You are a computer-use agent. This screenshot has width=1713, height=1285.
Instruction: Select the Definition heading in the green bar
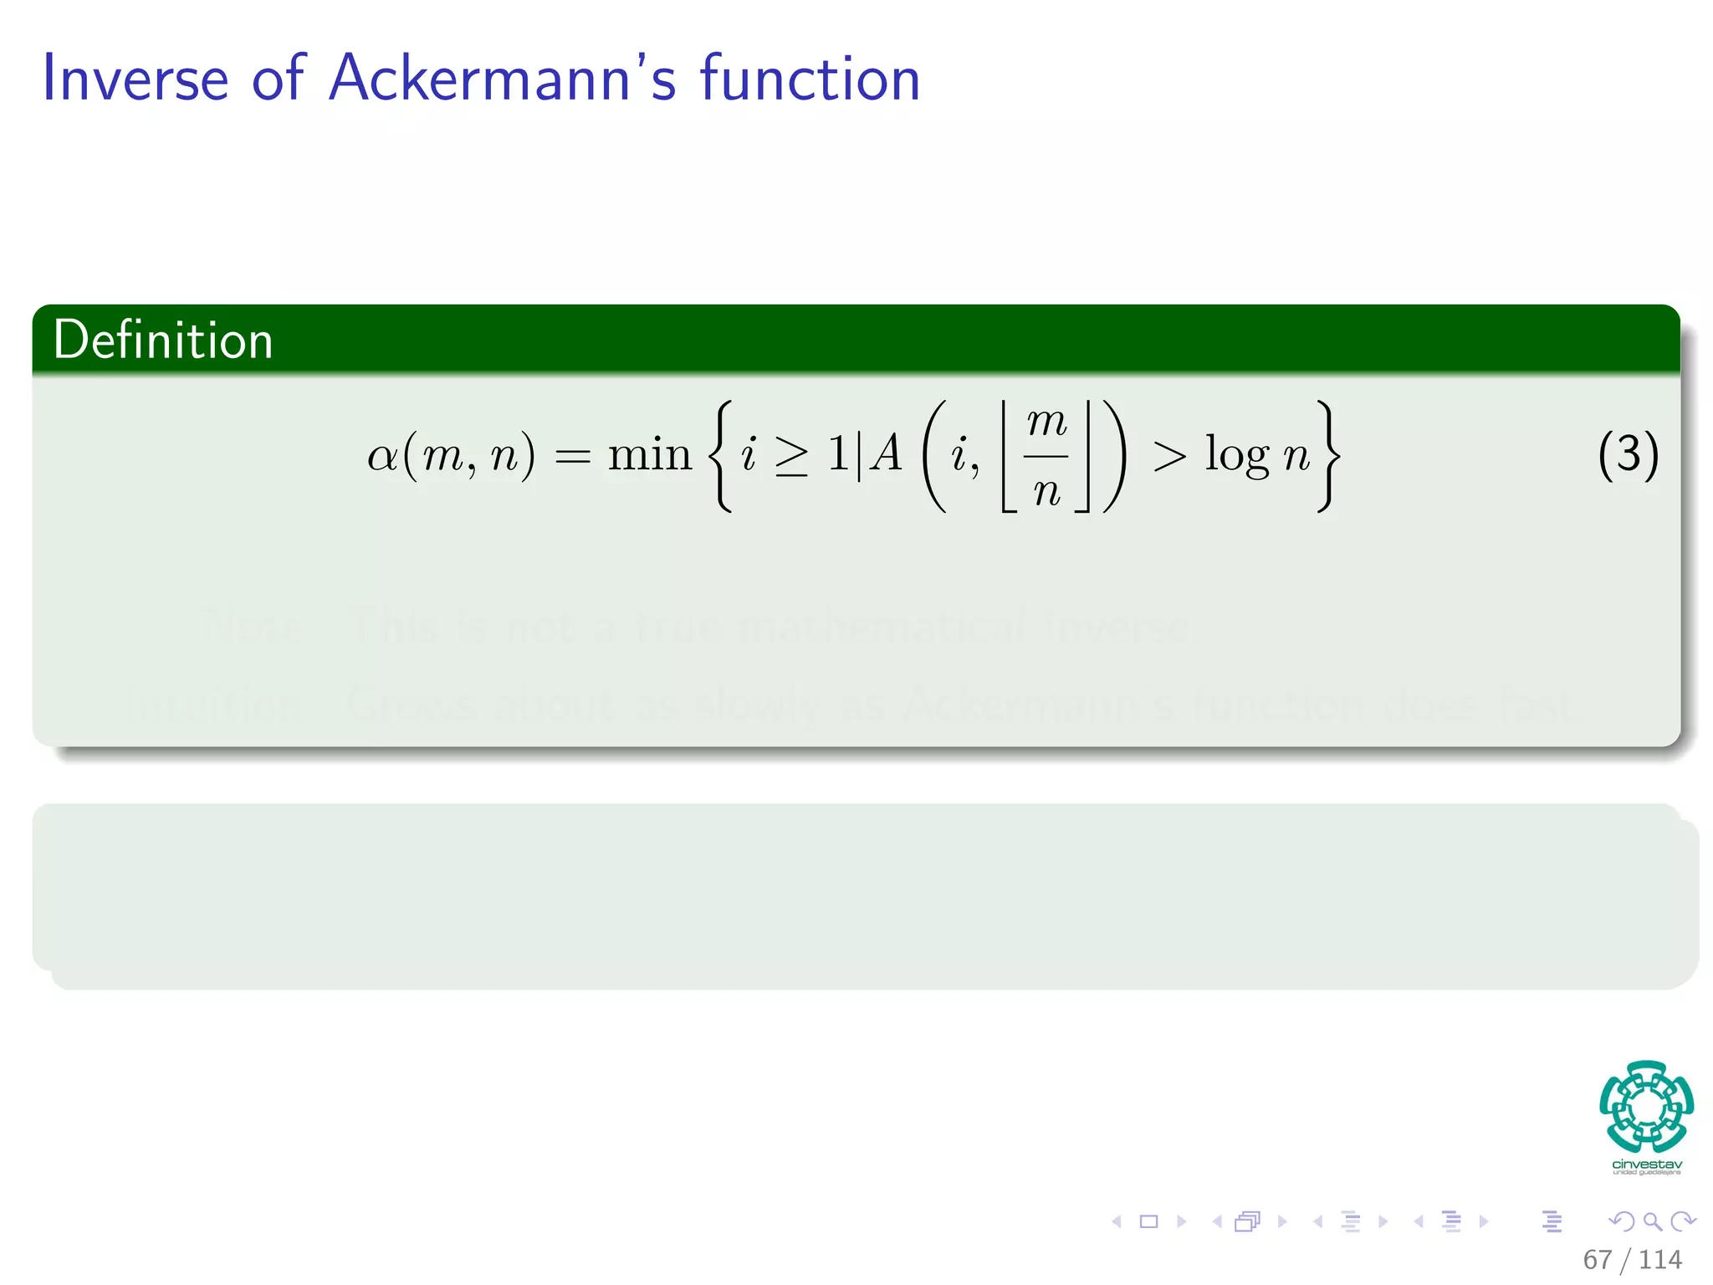click(163, 340)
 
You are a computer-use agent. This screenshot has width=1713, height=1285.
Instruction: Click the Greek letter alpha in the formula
click(382, 457)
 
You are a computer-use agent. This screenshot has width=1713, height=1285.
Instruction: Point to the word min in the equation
click(649, 455)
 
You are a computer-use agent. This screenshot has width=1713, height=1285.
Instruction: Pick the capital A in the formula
click(887, 455)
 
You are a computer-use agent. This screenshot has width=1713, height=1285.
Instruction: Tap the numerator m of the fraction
click(1046, 422)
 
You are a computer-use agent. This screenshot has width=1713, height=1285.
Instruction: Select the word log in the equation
click(1237, 457)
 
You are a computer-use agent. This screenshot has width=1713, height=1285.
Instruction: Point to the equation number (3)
click(1627, 455)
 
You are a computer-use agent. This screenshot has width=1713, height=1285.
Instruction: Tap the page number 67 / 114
click(1632, 1259)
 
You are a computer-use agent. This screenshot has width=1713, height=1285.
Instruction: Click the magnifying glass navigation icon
click(1652, 1221)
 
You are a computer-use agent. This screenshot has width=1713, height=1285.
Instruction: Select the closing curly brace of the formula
click(1328, 457)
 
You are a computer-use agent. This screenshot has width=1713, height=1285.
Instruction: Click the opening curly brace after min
click(721, 457)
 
